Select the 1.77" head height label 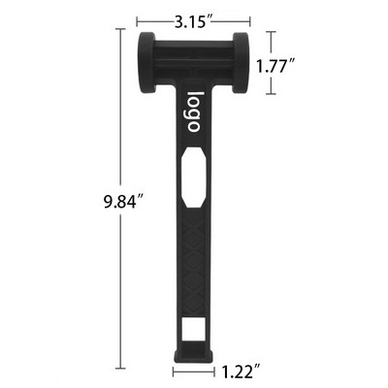coord(276,65)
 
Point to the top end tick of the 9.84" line coord(121,30)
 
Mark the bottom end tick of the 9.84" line coord(121,370)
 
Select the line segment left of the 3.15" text coord(149,18)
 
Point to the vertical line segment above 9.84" coord(121,107)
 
